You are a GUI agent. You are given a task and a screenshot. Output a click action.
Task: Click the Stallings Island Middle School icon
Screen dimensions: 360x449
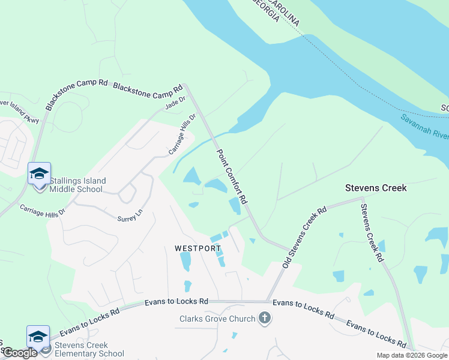(39, 174)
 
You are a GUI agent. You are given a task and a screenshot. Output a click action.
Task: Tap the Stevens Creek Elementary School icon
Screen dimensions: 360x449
(38, 336)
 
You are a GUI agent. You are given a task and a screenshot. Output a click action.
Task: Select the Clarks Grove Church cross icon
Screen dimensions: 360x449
(264, 319)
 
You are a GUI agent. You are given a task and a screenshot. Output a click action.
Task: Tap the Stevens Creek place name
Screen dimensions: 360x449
(376, 188)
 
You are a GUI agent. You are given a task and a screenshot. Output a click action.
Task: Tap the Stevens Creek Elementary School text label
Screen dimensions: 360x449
(89, 349)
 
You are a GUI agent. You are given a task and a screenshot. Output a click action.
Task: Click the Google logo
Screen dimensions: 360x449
(20, 353)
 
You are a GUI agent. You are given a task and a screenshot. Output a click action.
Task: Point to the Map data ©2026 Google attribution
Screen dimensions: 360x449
(412, 355)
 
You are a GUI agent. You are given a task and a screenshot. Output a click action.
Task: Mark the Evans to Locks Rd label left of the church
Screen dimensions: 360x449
(176, 302)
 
